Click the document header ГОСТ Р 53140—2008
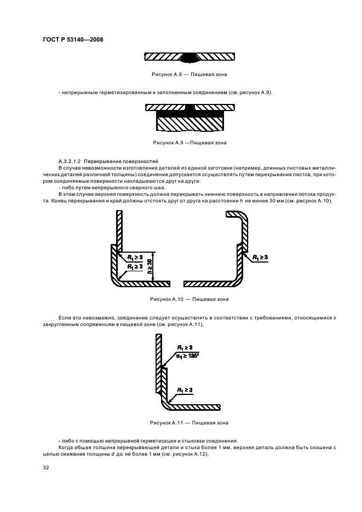pyautogui.click(x=72, y=39)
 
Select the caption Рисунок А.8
pyautogui.click(x=189, y=73)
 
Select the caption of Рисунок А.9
pyautogui.click(x=189, y=143)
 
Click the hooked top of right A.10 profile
pyautogui.click(x=239, y=218)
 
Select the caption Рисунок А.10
pyautogui.click(x=189, y=299)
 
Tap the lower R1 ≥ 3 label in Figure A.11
pyautogui.click(x=184, y=389)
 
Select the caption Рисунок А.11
pyautogui.click(x=189, y=422)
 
